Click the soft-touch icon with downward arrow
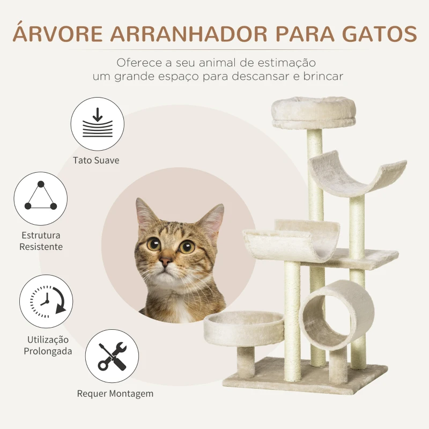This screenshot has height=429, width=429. [x=97, y=124]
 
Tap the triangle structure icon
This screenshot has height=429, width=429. [x=41, y=198]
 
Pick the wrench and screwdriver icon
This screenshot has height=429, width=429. [x=112, y=356]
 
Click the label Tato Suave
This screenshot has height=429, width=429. [x=97, y=160]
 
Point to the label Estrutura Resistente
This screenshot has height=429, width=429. [x=41, y=241]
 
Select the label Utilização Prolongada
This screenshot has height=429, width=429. [x=48, y=345]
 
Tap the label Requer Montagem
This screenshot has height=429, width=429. [x=115, y=393]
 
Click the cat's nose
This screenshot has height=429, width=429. [x=166, y=262]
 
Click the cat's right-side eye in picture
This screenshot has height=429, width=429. [x=187, y=247]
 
